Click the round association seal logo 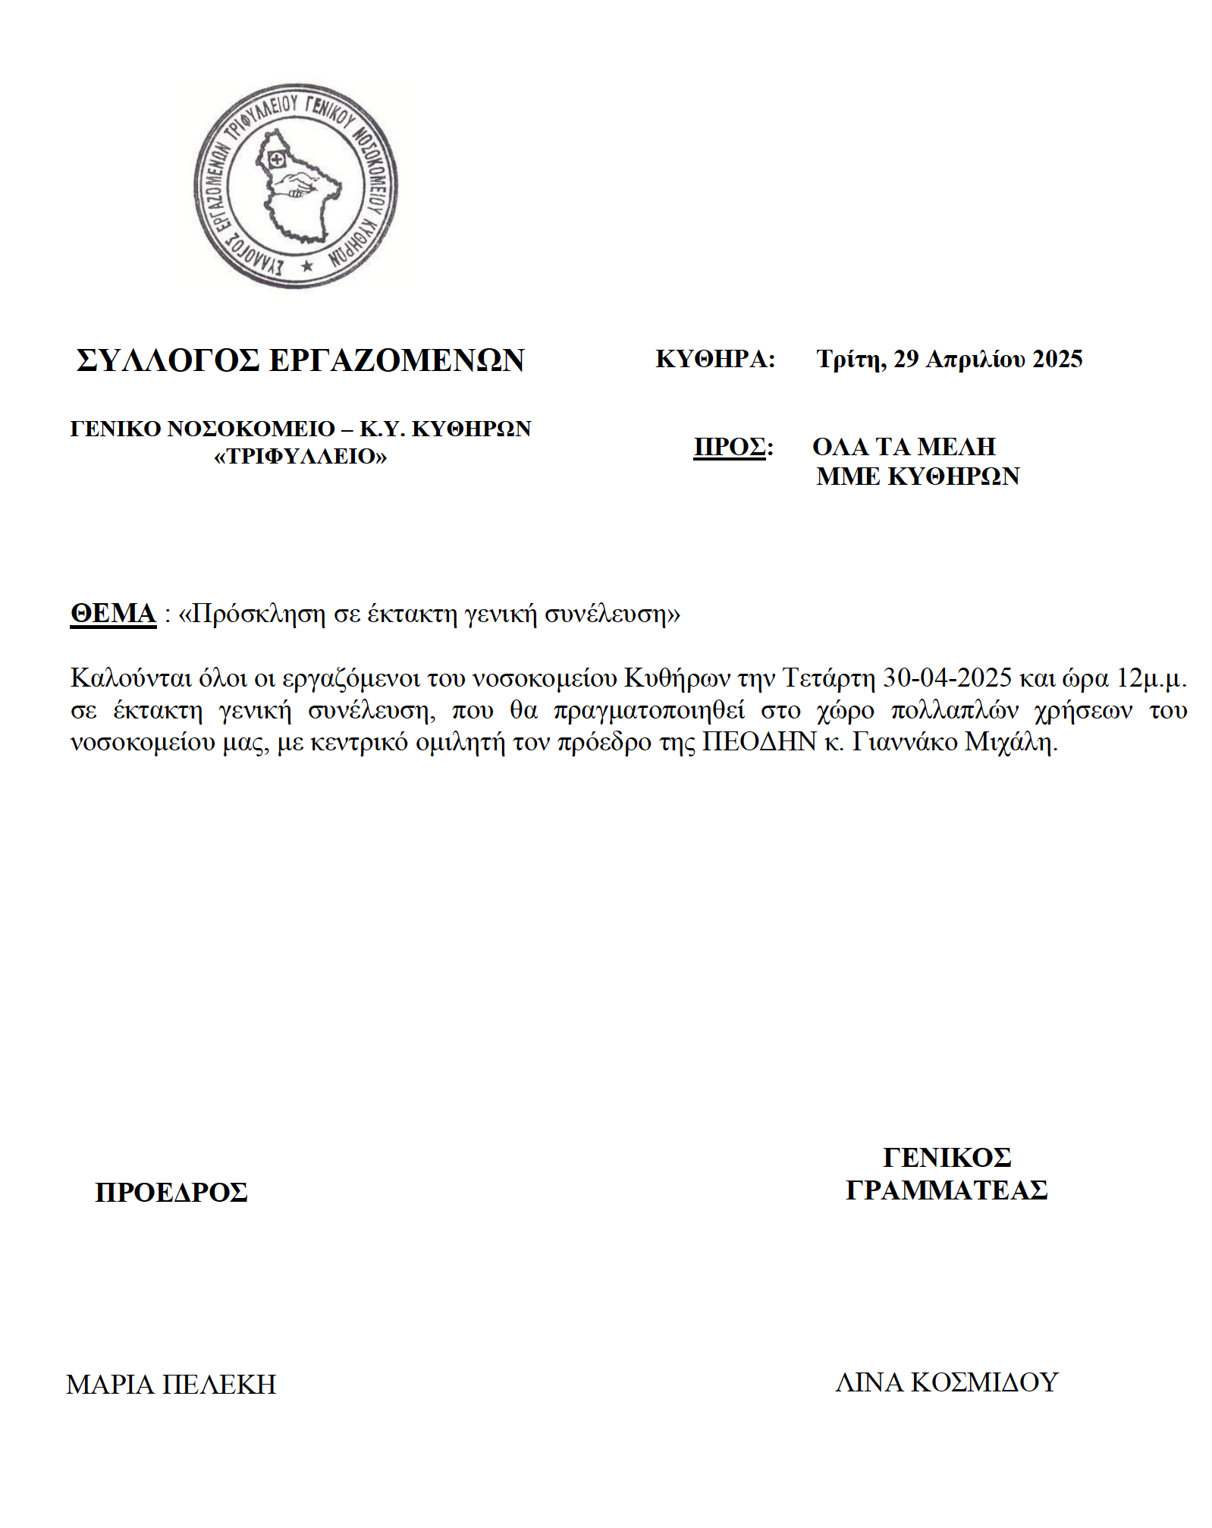[x=296, y=186]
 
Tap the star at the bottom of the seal [x=306, y=266]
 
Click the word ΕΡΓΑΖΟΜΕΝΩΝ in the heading [x=397, y=360]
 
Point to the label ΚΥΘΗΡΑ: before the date [x=715, y=359]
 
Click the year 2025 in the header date [x=1057, y=359]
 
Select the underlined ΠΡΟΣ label [x=730, y=447]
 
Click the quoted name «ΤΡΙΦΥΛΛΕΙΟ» [x=300, y=457]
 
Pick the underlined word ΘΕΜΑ [x=113, y=613]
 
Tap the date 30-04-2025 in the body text [x=947, y=678]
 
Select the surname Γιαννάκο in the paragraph [x=904, y=741]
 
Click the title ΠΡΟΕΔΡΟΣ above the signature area [x=171, y=1193]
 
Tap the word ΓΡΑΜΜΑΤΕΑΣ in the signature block [x=947, y=1190]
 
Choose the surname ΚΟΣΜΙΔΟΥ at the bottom [x=984, y=1382]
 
